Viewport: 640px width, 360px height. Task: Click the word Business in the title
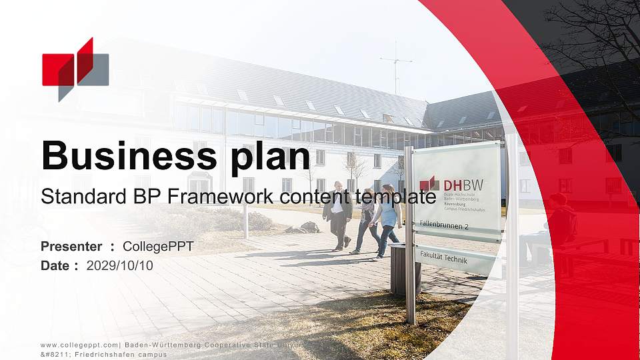pos(119,156)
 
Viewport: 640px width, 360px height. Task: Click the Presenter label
pos(71,247)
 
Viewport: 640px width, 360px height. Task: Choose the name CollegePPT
pos(158,247)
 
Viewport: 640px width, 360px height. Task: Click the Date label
pos(55,265)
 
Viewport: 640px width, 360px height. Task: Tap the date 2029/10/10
pos(120,265)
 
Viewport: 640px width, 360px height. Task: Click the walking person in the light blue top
pos(387,219)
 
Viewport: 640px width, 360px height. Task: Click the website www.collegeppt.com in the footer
pos(79,345)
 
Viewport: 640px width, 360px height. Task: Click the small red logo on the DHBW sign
pos(429,183)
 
